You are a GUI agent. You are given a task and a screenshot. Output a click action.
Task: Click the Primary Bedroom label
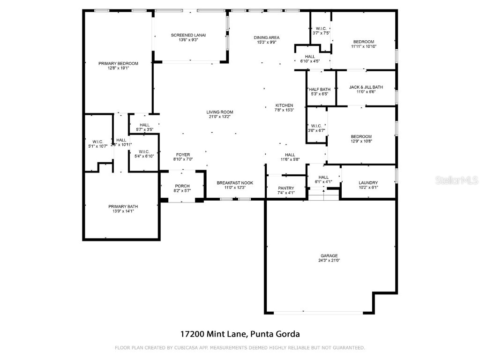click(x=118, y=63)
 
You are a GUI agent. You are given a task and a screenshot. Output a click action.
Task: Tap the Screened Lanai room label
click(x=188, y=35)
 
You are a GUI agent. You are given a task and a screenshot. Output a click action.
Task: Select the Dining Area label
click(x=267, y=37)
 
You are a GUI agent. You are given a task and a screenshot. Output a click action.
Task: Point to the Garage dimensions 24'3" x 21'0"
click(x=329, y=260)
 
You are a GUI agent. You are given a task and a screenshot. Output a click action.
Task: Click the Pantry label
click(x=286, y=188)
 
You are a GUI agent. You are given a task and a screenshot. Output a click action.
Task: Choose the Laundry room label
click(x=368, y=183)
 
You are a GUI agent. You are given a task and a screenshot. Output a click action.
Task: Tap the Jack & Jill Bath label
click(x=366, y=87)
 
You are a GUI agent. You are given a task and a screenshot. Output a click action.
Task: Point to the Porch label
click(x=182, y=186)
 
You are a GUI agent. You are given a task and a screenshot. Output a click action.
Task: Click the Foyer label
click(x=183, y=155)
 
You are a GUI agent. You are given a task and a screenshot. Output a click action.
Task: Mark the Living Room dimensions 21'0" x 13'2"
click(x=220, y=117)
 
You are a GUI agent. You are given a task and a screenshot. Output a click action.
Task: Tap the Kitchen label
click(x=284, y=105)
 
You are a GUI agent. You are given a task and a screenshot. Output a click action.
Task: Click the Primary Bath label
click(x=123, y=207)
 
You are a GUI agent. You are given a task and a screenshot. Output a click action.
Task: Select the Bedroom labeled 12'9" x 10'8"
click(x=361, y=136)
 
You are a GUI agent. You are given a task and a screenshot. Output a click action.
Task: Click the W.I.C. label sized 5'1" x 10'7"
click(x=97, y=142)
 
